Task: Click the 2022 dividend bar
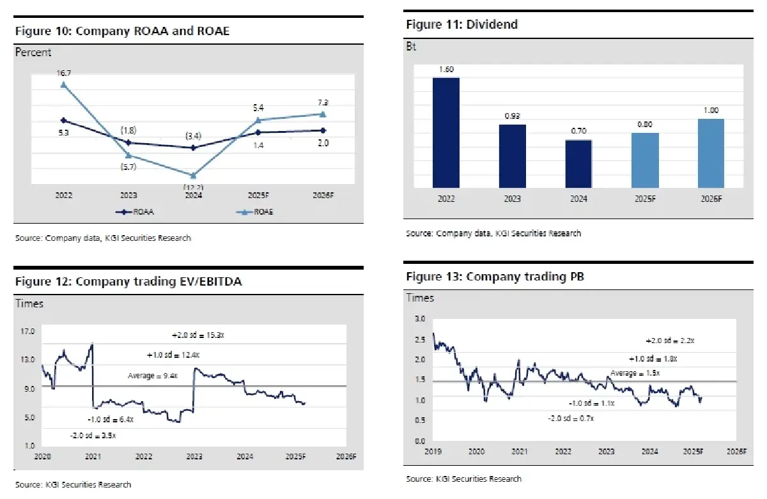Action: [446, 132]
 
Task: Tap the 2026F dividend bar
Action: [711, 153]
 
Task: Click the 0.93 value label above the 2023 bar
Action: [513, 116]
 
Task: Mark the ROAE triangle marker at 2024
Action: [193, 175]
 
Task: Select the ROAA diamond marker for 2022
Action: [63, 120]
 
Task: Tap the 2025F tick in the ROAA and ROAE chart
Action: [258, 196]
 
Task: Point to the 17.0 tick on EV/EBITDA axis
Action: [27, 332]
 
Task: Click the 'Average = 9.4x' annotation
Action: [152, 376]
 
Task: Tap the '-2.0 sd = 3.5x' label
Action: [93, 435]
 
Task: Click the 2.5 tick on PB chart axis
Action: [419, 339]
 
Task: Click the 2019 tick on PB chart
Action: [433, 451]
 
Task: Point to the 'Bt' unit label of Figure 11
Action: [411, 47]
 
